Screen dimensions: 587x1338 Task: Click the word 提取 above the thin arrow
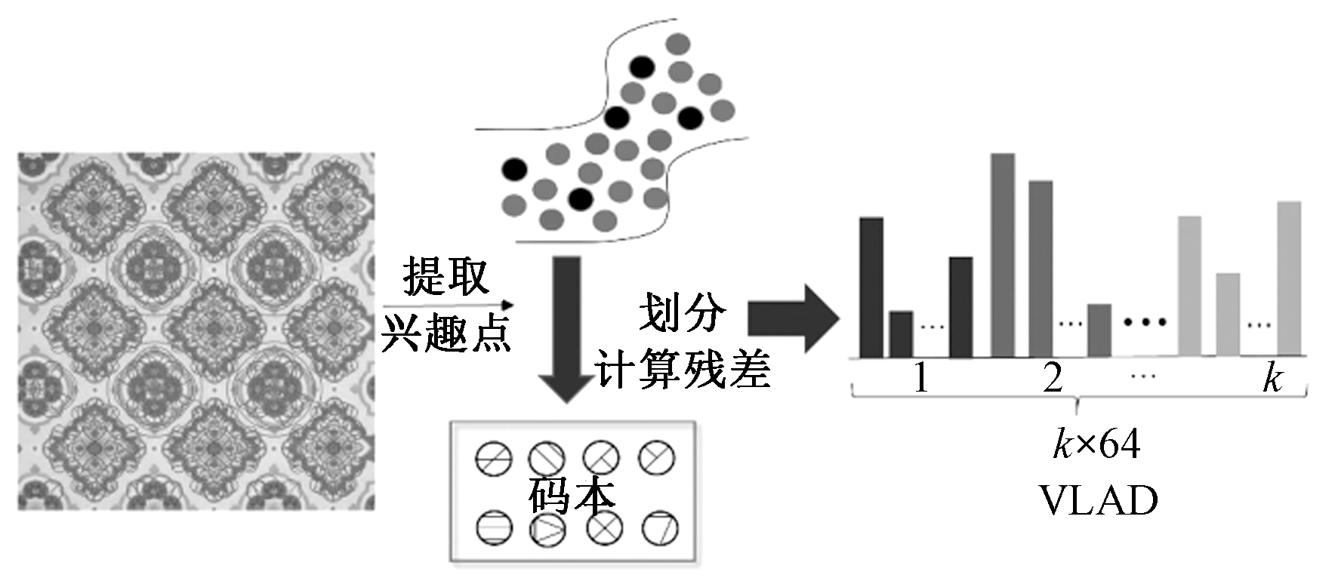tap(446, 276)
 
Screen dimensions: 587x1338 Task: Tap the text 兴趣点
tap(446, 332)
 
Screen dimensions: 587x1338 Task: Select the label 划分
tap(682, 312)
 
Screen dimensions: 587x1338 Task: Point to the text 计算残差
tap(682, 370)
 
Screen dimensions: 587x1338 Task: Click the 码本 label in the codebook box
tap(572, 496)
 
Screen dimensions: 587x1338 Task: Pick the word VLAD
tap(1098, 500)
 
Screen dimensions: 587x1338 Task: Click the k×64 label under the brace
tap(1096, 444)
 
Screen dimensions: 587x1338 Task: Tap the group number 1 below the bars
tap(920, 377)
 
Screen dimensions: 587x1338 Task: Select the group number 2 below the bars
tap(1053, 377)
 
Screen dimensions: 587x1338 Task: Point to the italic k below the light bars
tap(1272, 377)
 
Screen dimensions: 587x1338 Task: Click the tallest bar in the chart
tap(1003, 255)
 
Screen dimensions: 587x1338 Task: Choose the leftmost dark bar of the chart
tap(871, 287)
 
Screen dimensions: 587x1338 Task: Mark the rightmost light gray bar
tap(1289, 278)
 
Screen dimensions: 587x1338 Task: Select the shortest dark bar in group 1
tap(901, 334)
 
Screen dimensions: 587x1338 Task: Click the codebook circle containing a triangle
tap(547, 530)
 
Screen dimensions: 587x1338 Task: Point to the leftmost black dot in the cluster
tap(514, 170)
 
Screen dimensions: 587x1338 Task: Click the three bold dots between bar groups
tap(1145, 322)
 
